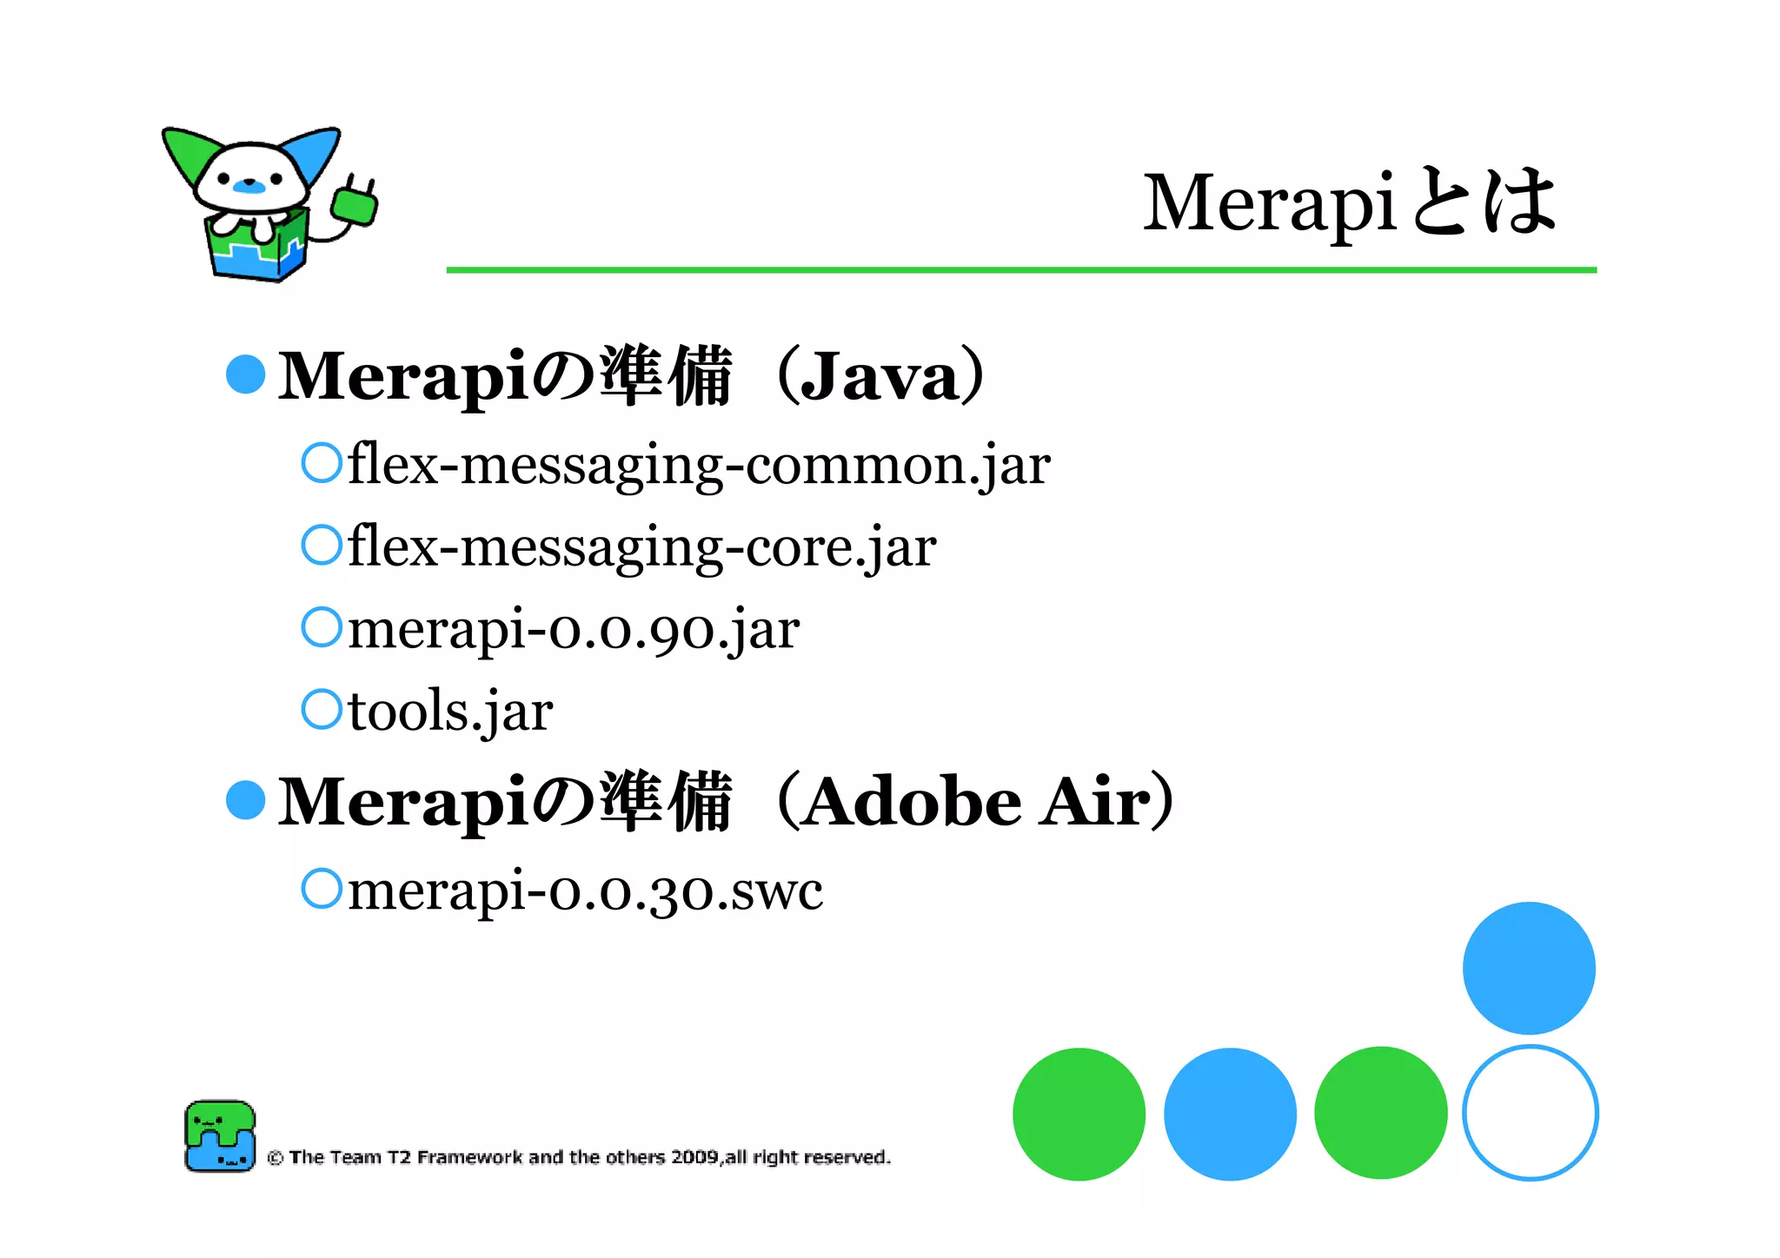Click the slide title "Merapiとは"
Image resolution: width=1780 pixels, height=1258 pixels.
[1349, 202]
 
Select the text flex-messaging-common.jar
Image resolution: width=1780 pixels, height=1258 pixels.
[699, 465]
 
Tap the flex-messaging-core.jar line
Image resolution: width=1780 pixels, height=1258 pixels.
[641, 546]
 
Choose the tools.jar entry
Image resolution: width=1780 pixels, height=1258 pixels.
[450, 711]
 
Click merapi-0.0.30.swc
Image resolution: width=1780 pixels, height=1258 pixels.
[585, 891]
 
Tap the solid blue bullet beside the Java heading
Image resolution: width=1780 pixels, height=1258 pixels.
[245, 374]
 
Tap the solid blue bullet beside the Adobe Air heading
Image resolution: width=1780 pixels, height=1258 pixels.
[245, 800]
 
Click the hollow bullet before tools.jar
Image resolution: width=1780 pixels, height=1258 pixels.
[322, 709]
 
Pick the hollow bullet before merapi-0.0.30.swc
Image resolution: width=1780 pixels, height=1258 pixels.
[322, 889]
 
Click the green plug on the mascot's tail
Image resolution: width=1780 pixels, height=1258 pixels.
[354, 205]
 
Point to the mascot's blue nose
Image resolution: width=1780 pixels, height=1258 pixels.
[249, 185]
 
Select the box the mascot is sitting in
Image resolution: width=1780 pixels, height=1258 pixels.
[257, 253]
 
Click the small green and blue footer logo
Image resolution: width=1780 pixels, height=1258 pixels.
[220, 1136]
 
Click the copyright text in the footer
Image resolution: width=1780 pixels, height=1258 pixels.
[579, 1157]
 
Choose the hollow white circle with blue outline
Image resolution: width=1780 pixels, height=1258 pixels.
[1530, 1113]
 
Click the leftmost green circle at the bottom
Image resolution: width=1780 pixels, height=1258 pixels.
[1079, 1114]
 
